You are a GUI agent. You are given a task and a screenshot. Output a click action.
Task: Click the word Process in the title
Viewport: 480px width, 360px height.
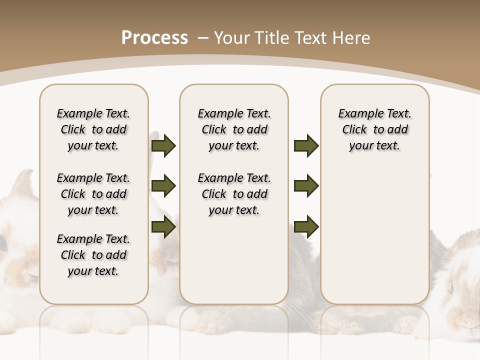154,38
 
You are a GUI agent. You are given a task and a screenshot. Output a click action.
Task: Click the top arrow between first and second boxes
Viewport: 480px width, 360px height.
163,145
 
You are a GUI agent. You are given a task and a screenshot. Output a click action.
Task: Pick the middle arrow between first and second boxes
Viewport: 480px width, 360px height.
163,186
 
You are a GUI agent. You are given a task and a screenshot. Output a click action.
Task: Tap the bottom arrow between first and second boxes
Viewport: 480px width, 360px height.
163,226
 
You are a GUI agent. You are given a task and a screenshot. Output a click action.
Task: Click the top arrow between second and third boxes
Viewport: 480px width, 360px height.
306,145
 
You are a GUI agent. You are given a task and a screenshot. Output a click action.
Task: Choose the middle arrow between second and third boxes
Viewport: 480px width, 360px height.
306,186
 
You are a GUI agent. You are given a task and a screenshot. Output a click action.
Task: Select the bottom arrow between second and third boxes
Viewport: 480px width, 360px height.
306,226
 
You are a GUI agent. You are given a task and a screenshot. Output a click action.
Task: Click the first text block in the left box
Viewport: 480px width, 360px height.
93,129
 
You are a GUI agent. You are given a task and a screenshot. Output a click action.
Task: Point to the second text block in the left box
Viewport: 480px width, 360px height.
93,194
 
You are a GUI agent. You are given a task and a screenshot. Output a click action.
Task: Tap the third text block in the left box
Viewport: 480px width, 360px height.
93,255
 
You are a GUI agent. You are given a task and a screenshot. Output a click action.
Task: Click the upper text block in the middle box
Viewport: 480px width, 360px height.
234,129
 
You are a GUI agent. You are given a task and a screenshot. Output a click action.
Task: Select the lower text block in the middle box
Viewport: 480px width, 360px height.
234,194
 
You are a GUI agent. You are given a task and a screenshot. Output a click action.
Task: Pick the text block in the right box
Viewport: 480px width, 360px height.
374,129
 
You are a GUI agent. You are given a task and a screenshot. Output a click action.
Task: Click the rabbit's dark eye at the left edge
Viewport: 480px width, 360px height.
2,244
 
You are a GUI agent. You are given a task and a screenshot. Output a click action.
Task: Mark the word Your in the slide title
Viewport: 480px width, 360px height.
231,38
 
